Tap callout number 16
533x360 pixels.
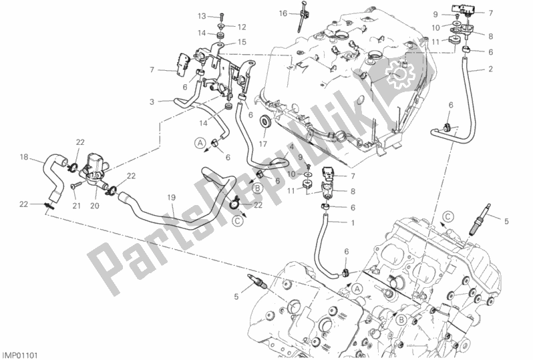[283, 13]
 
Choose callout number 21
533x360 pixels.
[75, 206]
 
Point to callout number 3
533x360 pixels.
[152, 102]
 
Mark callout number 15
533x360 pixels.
[242, 42]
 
